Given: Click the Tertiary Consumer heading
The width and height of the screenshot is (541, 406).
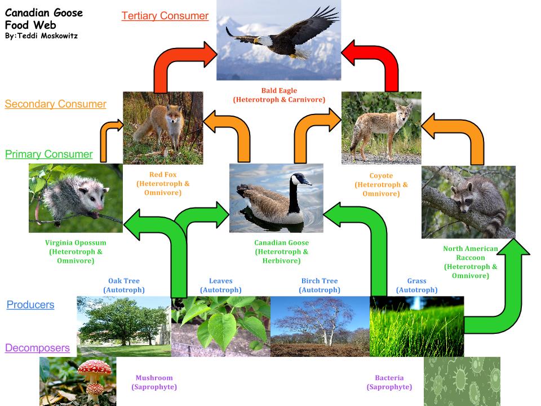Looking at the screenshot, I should tap(165, 16).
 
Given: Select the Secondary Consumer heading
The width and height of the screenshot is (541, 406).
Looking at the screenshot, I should tap(55, 104).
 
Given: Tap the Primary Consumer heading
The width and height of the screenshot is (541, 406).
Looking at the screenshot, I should tap(49, 154).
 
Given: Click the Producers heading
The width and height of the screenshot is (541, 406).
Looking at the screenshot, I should tap(30, 304).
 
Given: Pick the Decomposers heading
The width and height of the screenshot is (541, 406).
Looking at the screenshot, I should tap(37, 348).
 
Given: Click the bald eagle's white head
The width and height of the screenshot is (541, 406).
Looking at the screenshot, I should tap(264, 41).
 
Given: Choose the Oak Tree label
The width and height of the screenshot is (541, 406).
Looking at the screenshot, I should tap(124, 285).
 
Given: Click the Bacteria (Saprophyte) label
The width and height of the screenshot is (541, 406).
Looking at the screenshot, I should tap(389, 382).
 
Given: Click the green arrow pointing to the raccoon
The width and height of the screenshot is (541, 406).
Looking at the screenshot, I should tap(502, 293).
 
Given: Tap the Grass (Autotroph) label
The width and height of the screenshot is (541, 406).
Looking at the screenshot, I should tap(416, 285).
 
